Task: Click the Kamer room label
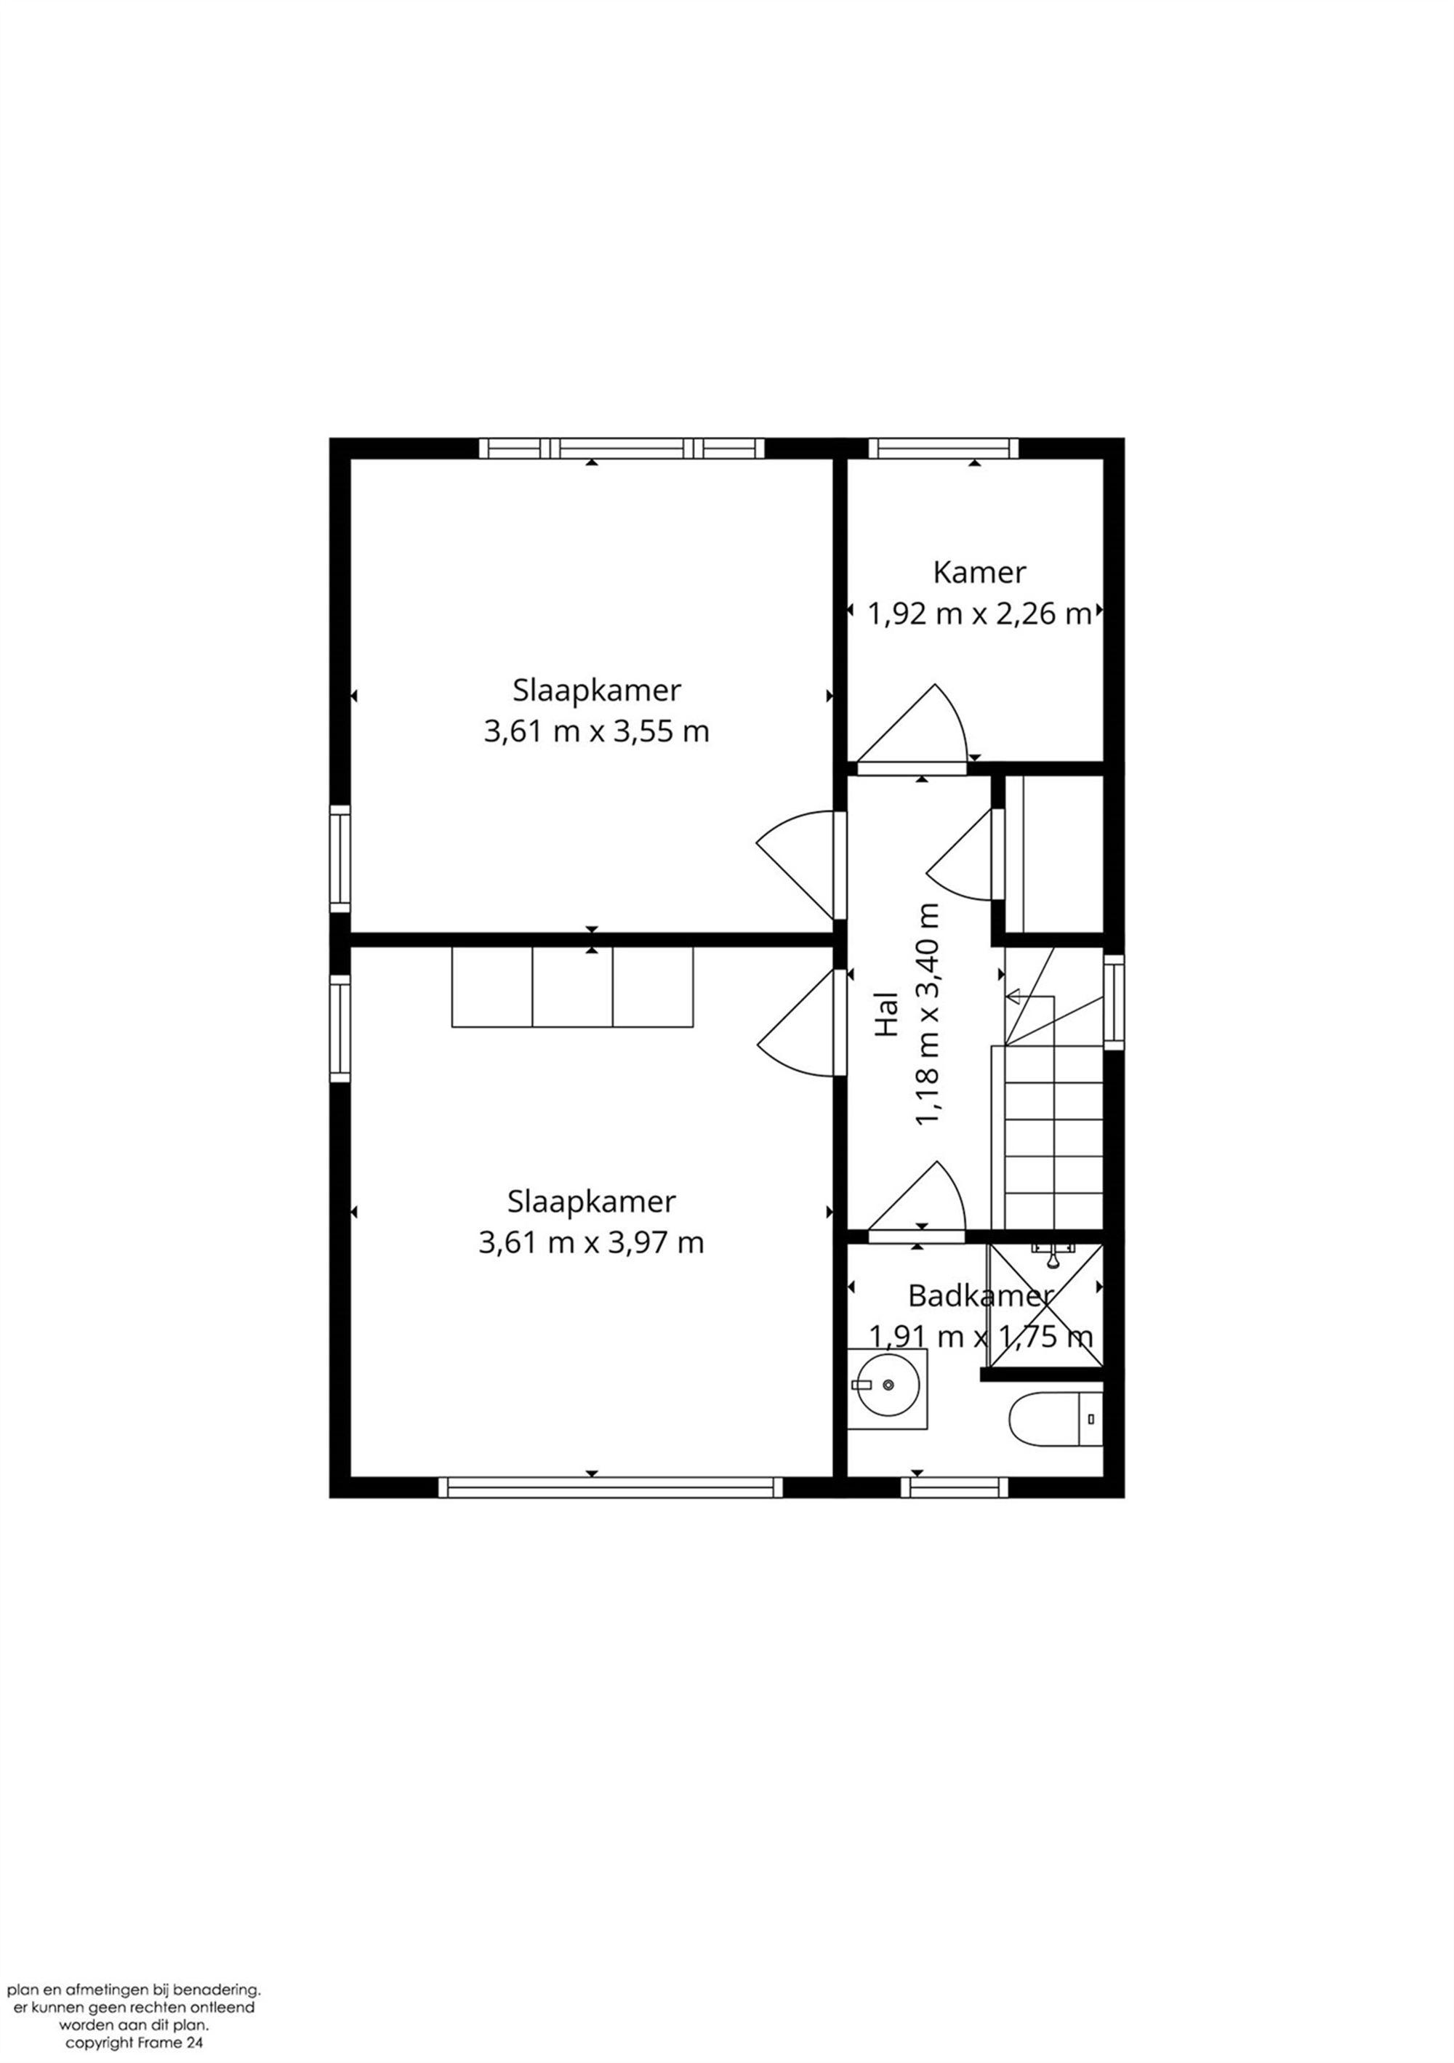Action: (979, 572)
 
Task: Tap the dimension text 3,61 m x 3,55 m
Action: (596, 731)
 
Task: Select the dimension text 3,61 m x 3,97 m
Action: (591, 1242)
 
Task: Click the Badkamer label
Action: (979, 1295)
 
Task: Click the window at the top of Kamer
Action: (943, 448)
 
